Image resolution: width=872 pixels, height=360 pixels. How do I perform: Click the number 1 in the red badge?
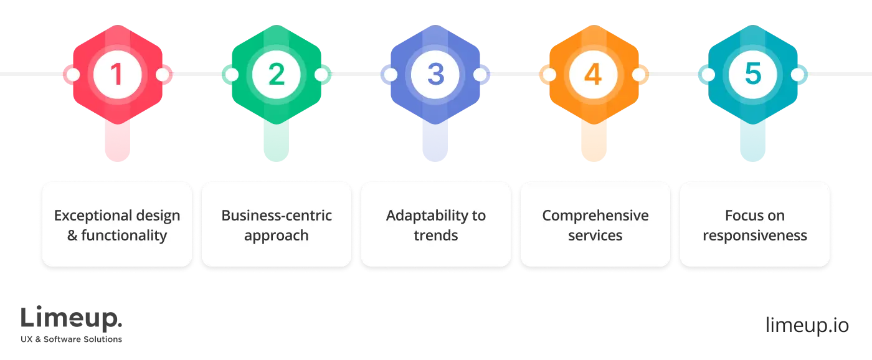116,75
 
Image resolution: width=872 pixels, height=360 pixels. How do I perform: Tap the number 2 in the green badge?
276,75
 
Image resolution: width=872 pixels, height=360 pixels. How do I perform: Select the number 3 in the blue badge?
435,75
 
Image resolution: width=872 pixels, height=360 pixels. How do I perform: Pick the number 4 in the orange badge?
594,75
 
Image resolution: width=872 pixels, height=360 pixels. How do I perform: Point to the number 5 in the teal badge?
753,75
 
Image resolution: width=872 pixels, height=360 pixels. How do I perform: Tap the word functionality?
124,235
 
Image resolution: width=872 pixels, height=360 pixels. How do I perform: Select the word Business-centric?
277,216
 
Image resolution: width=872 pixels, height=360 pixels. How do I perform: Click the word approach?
276,235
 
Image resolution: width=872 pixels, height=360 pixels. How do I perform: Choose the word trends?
436,235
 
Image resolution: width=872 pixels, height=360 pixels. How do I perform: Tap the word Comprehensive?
595,216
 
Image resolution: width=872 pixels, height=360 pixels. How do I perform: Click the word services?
595,235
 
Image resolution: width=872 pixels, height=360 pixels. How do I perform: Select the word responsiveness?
755,235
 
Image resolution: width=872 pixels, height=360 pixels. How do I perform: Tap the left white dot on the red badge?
72,75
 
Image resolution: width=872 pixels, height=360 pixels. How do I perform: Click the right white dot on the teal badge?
797,75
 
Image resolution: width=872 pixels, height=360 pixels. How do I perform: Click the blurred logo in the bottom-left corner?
72,323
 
